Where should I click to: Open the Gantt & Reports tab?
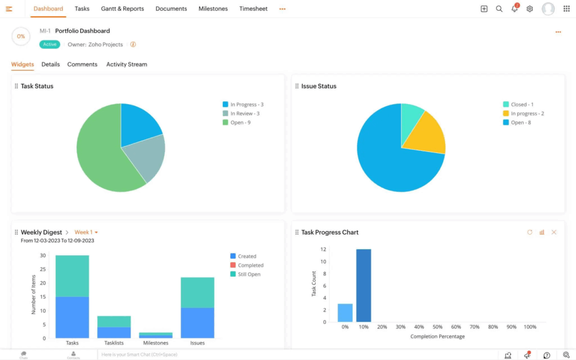tap(122, 9)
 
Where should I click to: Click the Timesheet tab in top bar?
tap(253, 9)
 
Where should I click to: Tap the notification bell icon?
tap(514, 9)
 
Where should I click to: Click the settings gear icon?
tap(529, 9)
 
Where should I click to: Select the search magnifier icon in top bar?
tap(499, 9)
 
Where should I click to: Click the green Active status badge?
tap(49, 44)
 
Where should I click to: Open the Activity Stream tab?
tap(127, 64)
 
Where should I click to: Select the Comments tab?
tap(82, 64)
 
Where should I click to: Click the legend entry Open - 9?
tap(240, 123)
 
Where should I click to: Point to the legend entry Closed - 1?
tap(522, 105)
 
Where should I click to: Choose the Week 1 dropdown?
tap(86, 232)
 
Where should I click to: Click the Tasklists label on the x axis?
tap(114, 343)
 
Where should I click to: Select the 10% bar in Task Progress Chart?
tap(363, 285)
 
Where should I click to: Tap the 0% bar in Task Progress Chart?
tap(345, 313)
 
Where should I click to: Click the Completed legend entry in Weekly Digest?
tap(250, 265)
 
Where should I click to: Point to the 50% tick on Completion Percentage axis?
tap(437, 327)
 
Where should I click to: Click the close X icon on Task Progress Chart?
tap(554, 232)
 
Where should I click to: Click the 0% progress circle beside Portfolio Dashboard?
tap(21, 37)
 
